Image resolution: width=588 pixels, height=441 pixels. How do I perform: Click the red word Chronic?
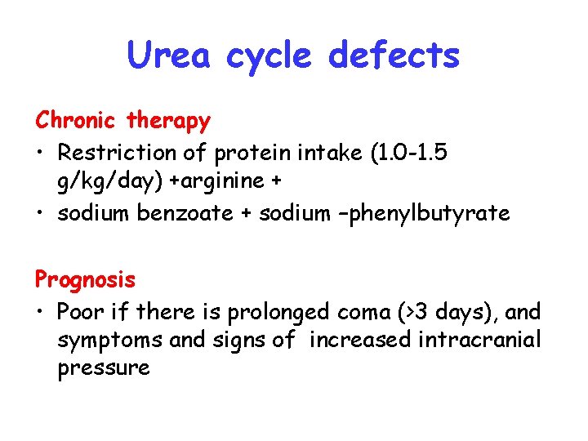tap(78, 121)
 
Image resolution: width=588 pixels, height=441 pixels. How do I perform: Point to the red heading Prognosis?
tap(85, 279)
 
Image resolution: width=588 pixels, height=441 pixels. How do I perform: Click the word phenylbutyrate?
tap(443, 215)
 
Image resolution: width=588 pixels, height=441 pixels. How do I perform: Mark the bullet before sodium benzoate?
tap(42, 214)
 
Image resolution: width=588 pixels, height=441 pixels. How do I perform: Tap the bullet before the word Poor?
tap(42, 311)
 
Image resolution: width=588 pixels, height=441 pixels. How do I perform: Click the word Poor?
tap(80, 311)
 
